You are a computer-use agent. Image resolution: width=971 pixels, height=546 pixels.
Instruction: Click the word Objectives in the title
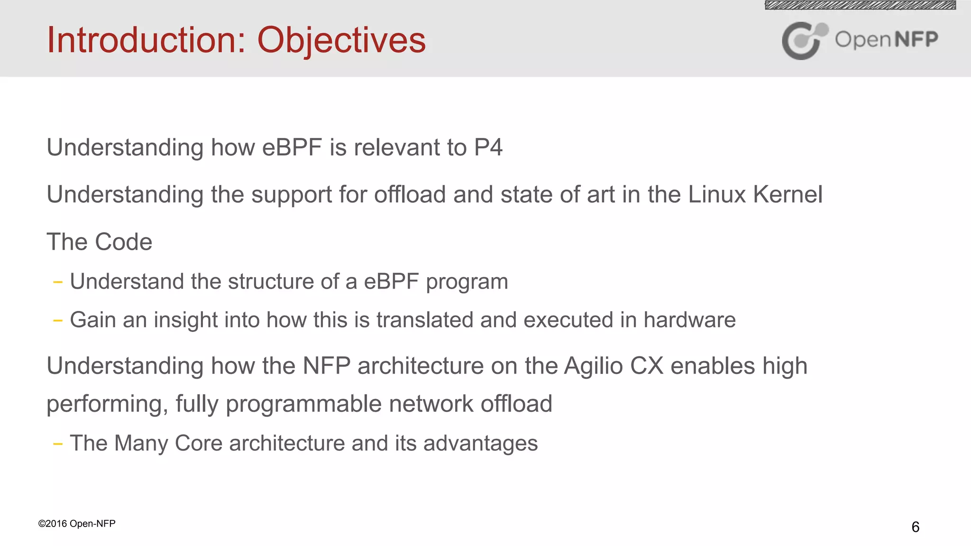coord(341,41)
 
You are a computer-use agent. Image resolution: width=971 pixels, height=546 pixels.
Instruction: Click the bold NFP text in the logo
coord(916,39)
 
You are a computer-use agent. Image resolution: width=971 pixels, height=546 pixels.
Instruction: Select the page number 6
coord(915,527)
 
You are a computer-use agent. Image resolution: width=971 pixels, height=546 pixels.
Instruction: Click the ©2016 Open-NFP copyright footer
coord(77,524)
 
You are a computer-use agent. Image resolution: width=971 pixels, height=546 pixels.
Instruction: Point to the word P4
coord(488,147)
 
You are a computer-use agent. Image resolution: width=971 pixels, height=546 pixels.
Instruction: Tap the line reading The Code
coord(100,242)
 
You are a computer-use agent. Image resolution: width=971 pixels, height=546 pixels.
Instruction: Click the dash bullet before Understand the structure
coord(58,282)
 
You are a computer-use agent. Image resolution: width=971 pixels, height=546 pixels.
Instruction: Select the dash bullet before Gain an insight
coord(58,321)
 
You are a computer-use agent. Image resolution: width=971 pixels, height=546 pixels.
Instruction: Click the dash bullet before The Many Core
coord(58,444)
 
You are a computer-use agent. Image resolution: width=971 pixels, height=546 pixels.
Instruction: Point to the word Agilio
coord(593,366)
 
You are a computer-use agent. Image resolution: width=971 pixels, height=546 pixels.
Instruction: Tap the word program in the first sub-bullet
coord(467,282)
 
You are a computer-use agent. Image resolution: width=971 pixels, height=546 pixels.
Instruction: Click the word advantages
coord(480,444)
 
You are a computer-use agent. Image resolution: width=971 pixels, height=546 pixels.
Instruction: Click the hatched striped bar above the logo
coord(860,5)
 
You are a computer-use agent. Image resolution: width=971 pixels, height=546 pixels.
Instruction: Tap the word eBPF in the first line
coord(292,147)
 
